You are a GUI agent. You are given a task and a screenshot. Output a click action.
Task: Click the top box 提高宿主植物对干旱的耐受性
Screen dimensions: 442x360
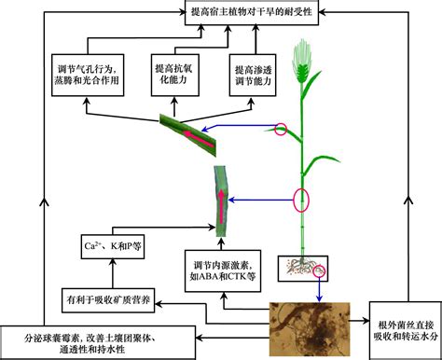point(252,12)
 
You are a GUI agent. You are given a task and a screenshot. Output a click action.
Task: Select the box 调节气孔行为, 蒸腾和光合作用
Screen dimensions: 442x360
point(88,75)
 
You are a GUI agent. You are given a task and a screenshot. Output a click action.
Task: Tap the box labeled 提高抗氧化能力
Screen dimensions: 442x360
point(174,75)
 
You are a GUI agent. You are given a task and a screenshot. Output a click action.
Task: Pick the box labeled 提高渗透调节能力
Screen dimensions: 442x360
point(253,75)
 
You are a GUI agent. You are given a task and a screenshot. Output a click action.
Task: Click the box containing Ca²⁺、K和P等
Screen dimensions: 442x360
point(113,246)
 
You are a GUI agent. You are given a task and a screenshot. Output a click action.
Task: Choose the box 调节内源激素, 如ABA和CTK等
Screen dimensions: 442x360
point(223,270)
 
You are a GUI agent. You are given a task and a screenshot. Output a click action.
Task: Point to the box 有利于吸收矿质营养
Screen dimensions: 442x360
point(108,300)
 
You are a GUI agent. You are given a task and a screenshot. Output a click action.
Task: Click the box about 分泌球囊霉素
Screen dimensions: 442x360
point(98,343)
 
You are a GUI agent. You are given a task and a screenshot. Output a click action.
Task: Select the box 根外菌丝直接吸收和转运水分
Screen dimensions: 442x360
point(406,331)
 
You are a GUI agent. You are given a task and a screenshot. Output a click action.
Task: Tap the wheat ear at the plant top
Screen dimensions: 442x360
point(302,62)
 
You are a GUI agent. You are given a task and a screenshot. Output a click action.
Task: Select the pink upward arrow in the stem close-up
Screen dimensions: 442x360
point(221,206)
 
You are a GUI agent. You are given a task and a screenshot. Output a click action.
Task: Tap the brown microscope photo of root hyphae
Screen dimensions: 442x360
point(310,329)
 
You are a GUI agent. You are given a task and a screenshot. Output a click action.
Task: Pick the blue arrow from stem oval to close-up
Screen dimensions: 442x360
point(261,201)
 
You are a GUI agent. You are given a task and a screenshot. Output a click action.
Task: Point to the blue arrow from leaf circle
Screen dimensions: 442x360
point(239,127)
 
